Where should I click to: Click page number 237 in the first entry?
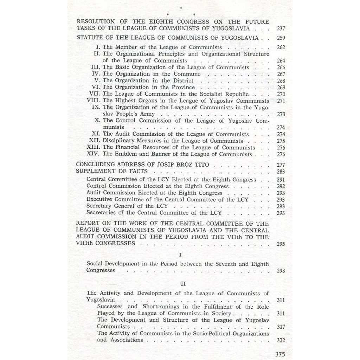[281, 29]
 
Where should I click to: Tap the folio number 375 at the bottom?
[280, 354]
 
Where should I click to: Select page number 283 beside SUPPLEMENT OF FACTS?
[281, 172]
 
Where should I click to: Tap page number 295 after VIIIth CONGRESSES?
[281, 244]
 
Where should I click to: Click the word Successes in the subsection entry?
[110, 307]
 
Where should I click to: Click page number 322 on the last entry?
[281, 340]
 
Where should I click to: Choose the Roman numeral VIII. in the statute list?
[94, 101]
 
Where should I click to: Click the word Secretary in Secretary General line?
[99, 206]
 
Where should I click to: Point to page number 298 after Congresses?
[281, 271]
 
